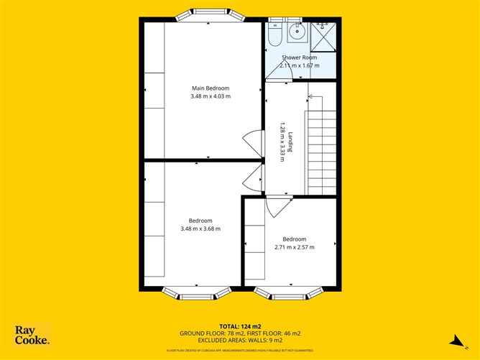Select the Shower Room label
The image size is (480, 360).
pyautogui.click(x=299, y=57)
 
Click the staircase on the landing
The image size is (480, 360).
pyautogui.click(x=321, y=147)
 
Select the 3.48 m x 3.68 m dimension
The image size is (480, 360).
pyautogui.click(x=200, y=229)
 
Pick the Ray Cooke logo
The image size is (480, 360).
pyautogui.click(x=32, y=335)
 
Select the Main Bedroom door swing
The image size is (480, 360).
pyautogui.click(x=251, y=140)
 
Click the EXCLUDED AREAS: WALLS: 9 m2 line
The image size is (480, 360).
pyautogui.click(x=239, y=341)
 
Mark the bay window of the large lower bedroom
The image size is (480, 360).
pyautogui.click(x=197, y=292)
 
